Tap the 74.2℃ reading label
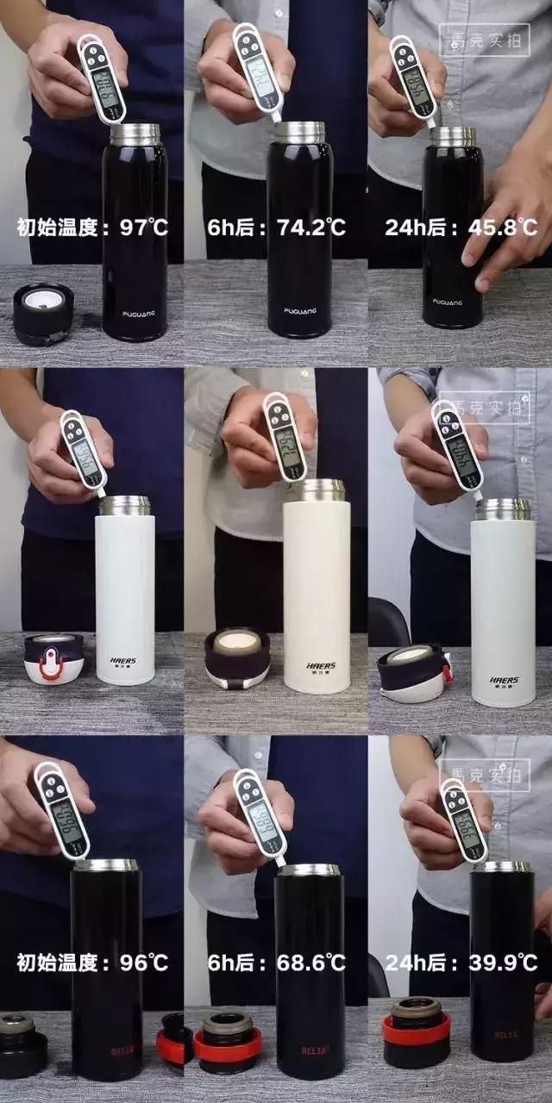[x=311, y=227]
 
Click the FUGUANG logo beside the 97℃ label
[x=135, y=315]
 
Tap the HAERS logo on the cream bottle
[x=317, y=665]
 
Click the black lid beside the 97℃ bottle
[x=43, y=313]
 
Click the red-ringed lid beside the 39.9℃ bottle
[x=416, y=1022]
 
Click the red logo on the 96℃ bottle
[x=120, y=1052]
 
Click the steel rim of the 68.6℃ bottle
[x=309, y=870]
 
